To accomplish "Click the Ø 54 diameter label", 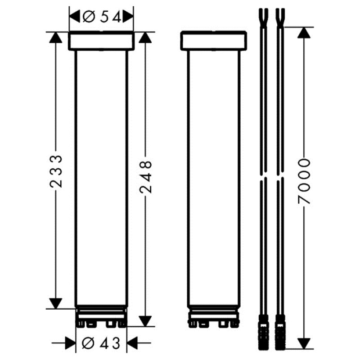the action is coord(102,17).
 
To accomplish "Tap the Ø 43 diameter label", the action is coord(101,344).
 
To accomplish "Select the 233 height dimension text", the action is coord(56,171).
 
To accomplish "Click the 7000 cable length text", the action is coord(304,181).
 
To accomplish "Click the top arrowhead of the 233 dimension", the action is coord(56,37).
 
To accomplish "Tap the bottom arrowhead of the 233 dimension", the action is coord(56,303).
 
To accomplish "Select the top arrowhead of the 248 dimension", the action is coord(145,37).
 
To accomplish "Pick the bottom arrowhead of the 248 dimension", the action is coord(145,321).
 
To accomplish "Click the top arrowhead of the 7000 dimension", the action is coord(304,32).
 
